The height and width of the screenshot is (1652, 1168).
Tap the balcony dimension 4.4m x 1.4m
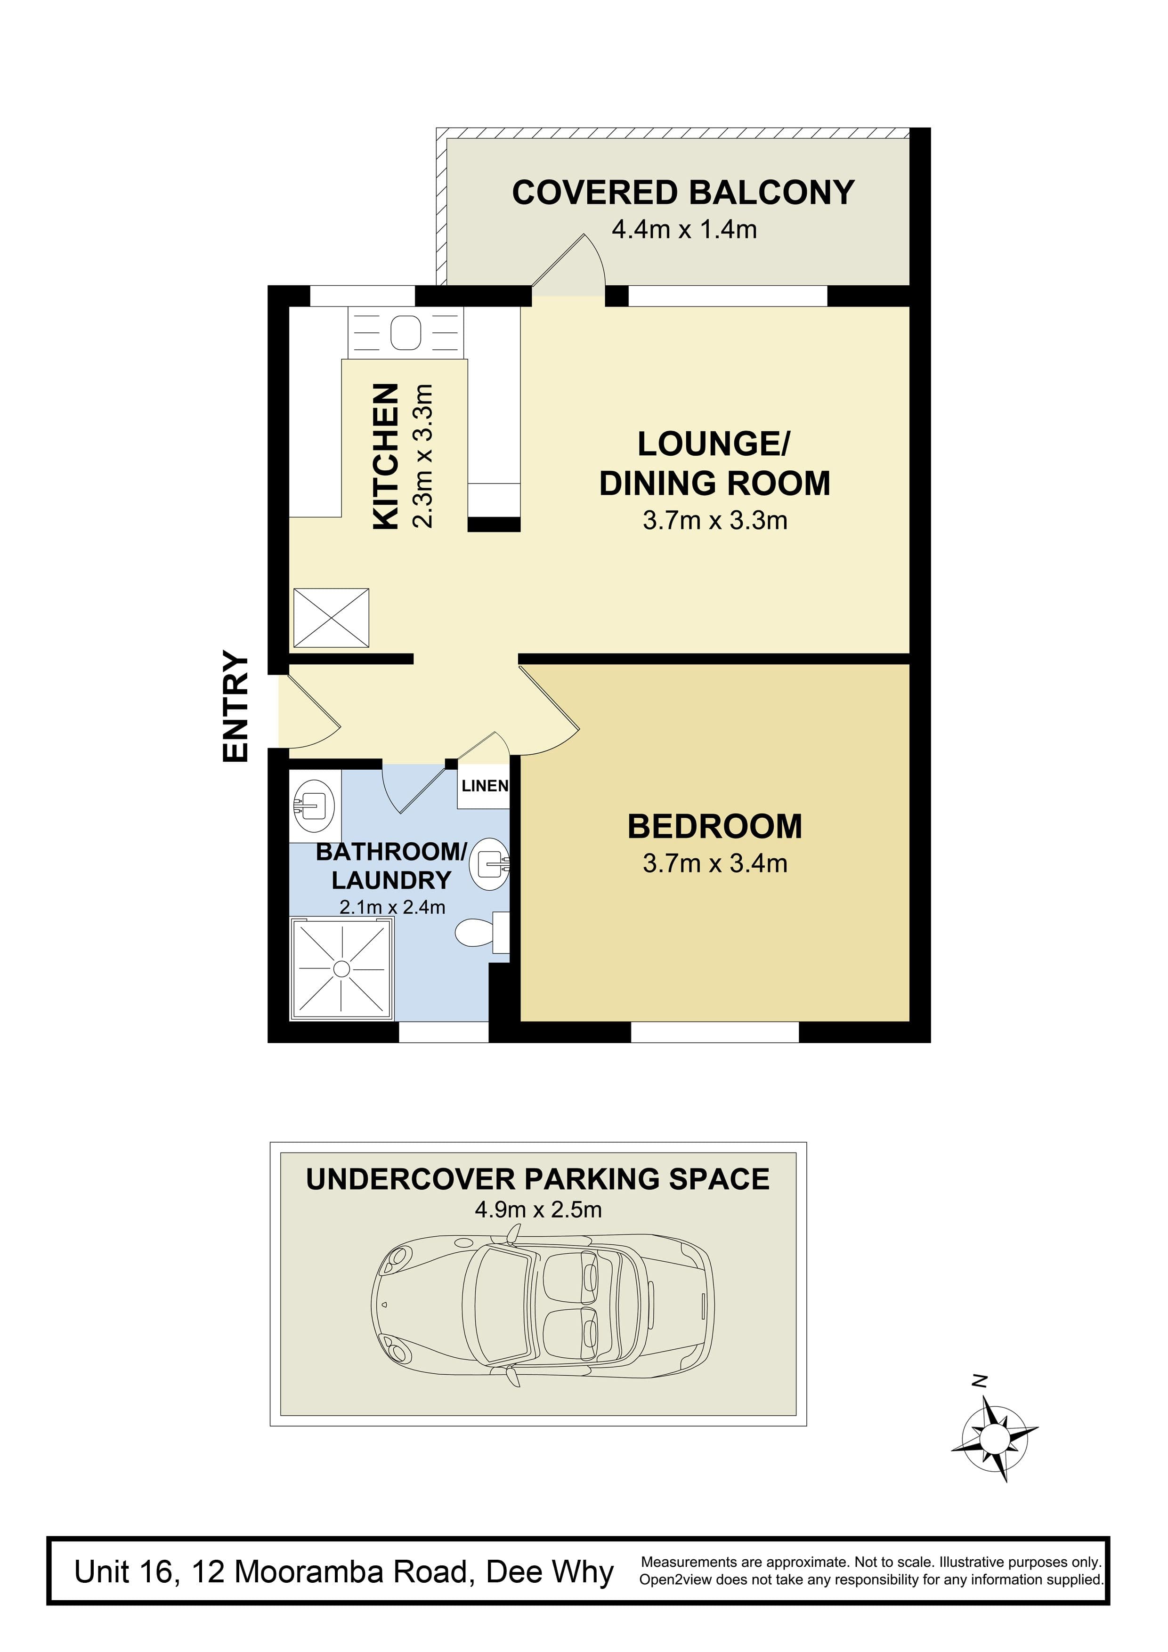coord(684,230)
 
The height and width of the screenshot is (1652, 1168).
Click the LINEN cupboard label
coord(485,786)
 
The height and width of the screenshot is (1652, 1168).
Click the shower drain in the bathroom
coord(342,969)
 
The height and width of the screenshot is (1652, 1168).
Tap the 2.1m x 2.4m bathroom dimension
coord(392,907)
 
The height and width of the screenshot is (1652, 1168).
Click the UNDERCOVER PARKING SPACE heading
coord(537,1179)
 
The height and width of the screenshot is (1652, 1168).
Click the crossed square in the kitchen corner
coord(331,617)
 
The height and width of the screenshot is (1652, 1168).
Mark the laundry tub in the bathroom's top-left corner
coord(315,806)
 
